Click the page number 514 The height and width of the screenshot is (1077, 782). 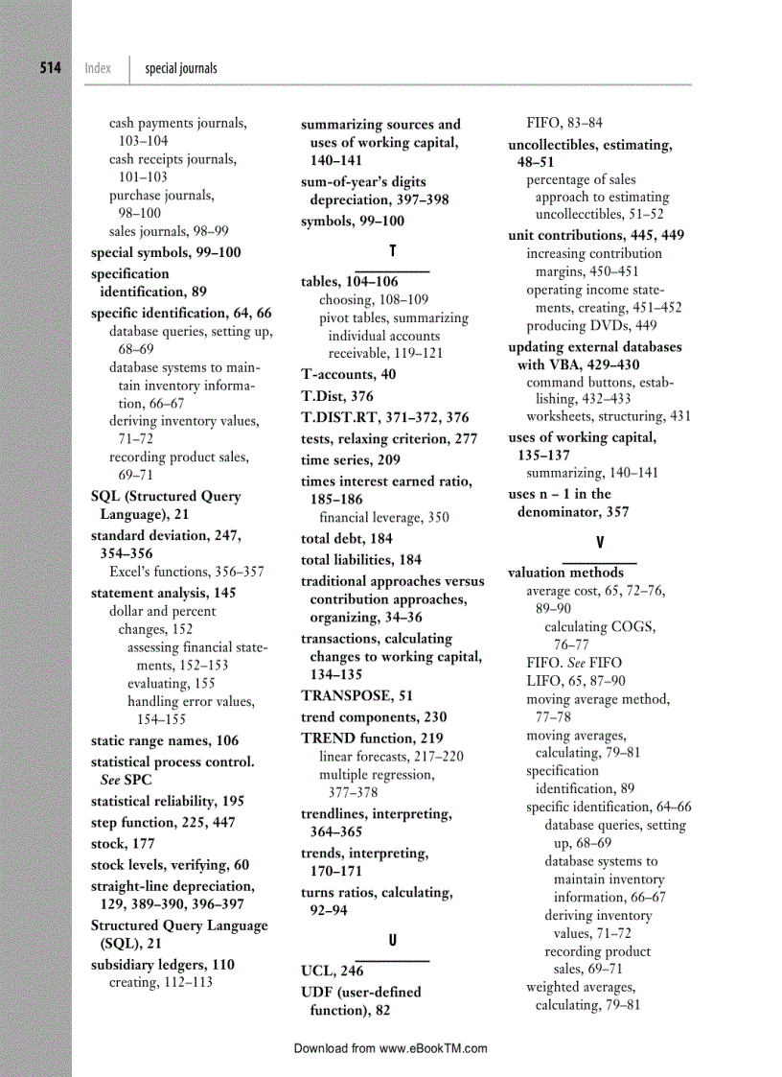click(x=50, y=68)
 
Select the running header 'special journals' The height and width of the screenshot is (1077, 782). click(x=180, y=68)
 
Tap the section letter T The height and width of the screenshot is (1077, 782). click(x=392, y=251)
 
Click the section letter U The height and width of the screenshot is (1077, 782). click(x=392, y=937)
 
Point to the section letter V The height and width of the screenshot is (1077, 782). click(x=599, y=543)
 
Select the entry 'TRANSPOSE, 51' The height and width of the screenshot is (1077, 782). click(x=356, y=696)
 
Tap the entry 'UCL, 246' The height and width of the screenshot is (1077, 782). click(x=332, y=972)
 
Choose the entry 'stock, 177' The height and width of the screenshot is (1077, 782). click(x=122, y=844)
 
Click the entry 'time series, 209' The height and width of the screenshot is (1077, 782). click(x=351, y=460)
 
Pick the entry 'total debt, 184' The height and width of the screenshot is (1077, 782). click(x=347, y=539)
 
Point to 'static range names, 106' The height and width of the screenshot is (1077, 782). click(x=164, y=741)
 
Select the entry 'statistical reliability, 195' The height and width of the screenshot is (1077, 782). click(x=167, y=802)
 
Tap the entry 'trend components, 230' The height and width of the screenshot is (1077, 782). click(x=373, y=717)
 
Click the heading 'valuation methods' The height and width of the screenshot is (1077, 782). click(x=565, y=573)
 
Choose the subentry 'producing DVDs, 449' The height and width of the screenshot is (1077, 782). click(x=591, y=326)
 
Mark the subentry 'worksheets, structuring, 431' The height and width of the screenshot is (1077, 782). click(x=608, y=416)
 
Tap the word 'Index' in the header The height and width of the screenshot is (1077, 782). click(x=98, y=68)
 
